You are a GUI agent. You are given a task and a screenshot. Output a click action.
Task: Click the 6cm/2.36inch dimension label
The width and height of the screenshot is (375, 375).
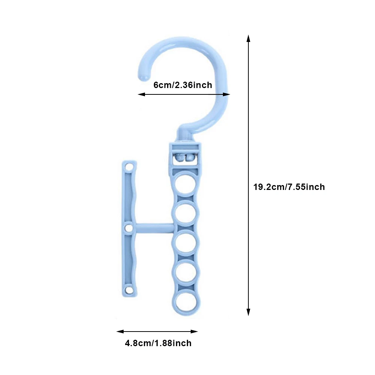coord(183,85)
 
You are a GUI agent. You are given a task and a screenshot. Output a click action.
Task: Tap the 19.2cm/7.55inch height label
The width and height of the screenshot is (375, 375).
coord(289,187)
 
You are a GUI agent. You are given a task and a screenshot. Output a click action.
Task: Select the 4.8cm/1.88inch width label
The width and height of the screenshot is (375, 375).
coord(158,343)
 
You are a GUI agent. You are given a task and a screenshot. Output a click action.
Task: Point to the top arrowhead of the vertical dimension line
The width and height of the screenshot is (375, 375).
coord(248,38)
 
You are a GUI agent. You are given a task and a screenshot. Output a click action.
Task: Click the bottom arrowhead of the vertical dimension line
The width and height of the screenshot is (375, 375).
coord(248,312)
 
